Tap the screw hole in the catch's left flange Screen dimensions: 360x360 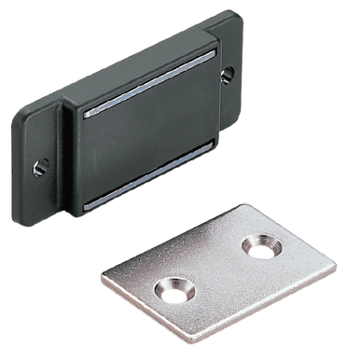coord(40,168)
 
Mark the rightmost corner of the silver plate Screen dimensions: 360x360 coord(335,271)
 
